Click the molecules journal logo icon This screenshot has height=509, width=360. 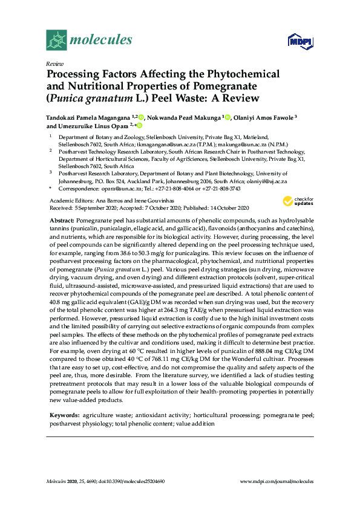click(56, 40)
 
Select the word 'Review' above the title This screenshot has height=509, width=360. click(54, 63)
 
